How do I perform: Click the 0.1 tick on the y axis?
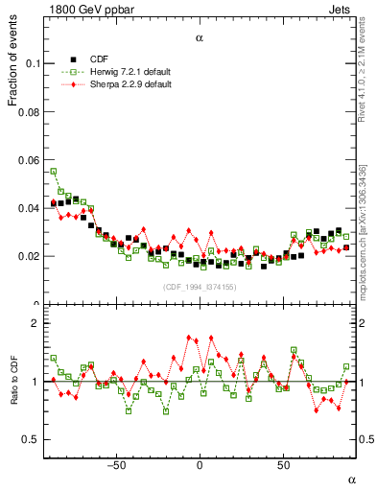pos(31,63)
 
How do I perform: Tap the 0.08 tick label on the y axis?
pos(28,112)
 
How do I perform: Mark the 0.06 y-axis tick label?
pos(28,160)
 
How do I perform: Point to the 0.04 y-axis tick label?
pos(28,208)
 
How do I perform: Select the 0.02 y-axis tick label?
pos(28,256)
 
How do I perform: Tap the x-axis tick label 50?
pos(283,465)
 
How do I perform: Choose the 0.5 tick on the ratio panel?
pos(31,439)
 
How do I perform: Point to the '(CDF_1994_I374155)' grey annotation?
pos(199,287)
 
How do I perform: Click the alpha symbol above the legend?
pos(200,39)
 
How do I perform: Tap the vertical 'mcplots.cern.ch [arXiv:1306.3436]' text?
pos(367,221)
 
